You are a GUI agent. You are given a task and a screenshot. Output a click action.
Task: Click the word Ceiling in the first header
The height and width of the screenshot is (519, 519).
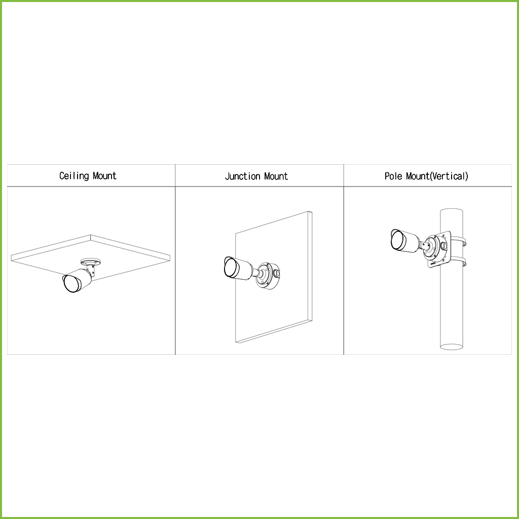[73, 176]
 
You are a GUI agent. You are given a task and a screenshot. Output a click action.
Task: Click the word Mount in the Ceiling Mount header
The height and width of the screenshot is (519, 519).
[104, 176]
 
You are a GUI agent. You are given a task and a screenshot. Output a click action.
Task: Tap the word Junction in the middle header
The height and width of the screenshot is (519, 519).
[240, 176]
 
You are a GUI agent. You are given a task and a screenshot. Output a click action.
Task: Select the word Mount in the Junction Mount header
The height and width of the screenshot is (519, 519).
[275, 176]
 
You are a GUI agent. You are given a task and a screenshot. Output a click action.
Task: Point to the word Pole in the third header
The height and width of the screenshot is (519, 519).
[394, 176]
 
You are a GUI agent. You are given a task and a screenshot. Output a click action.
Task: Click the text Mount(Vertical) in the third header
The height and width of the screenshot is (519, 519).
[437, 176]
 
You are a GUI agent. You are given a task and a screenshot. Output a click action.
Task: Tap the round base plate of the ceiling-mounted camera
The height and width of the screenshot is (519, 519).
[91, 262]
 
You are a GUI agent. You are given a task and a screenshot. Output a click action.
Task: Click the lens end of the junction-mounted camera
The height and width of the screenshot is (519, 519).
[230, 268]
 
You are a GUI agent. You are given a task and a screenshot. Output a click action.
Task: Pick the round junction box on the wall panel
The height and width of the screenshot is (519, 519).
[267, 275]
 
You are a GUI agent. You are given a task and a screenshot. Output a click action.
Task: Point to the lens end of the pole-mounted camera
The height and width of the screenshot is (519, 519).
[397, 240]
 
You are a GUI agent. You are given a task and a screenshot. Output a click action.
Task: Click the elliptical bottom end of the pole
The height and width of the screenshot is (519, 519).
[451, 347]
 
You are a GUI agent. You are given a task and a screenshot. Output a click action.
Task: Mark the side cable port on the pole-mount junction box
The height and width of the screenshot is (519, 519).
[444, 246]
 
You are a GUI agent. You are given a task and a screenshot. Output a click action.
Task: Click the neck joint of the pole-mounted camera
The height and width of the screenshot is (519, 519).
[424, 246]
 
